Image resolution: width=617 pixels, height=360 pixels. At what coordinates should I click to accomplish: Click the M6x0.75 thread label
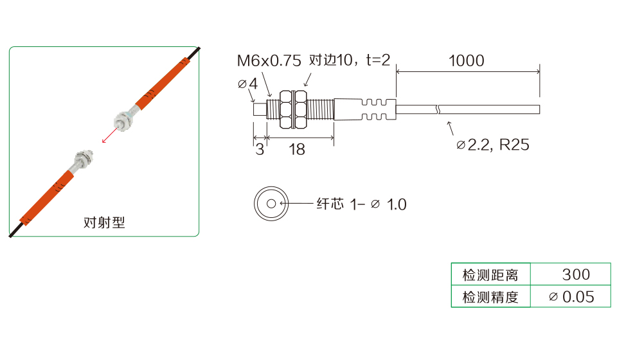tap(269, 60)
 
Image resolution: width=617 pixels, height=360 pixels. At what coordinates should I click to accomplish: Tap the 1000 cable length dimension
tap(467, 60)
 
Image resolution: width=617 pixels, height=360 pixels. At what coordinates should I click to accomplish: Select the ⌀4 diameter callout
tap(247, 84)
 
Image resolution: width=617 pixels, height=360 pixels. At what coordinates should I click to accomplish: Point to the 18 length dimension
tap(297, 150)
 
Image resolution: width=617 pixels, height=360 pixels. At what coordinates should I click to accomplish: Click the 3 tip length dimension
tap(259, 150)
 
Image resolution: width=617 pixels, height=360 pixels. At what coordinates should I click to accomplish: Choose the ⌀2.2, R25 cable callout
tap(493, 145)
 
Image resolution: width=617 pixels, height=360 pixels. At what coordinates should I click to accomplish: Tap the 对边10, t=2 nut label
tap(350, 60)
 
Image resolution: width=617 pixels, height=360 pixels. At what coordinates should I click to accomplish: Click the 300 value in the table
tap(576, 274)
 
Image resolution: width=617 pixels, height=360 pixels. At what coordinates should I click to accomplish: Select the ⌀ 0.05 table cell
tap(571, 296)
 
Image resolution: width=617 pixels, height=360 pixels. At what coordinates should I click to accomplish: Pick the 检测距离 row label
tap(490, 274)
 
